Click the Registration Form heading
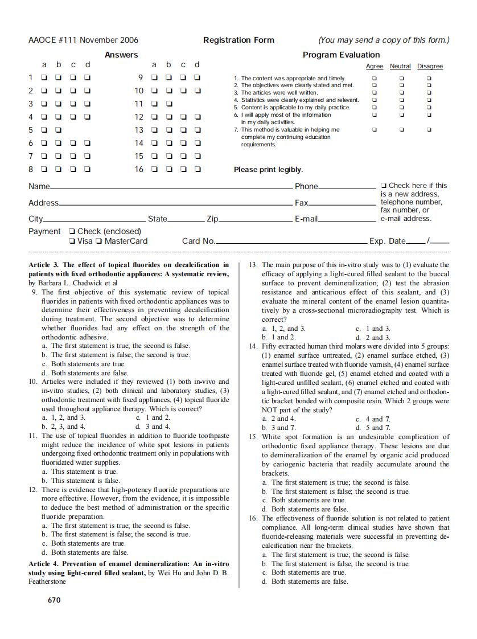238,40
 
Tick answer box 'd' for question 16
198,169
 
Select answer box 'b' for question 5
58,130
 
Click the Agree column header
374,67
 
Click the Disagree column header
430,67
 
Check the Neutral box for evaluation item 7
401,130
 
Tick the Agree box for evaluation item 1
374,79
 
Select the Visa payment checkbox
71,241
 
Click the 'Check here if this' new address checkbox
384,186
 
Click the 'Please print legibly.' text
268,170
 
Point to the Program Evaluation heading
341,55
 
